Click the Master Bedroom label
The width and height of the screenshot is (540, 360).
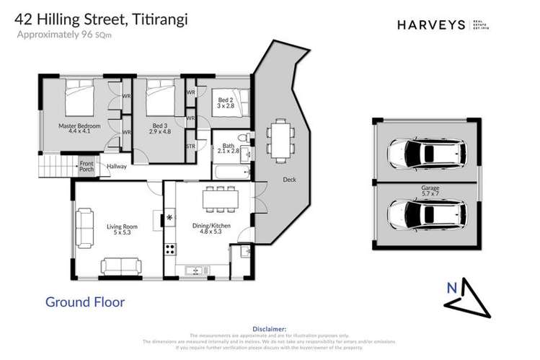79,129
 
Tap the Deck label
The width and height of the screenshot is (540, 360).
290,180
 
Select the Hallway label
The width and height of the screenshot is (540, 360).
117,167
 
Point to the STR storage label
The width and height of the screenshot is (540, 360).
190,146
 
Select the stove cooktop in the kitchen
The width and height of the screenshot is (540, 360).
171,250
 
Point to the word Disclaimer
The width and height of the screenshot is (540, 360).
270,328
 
